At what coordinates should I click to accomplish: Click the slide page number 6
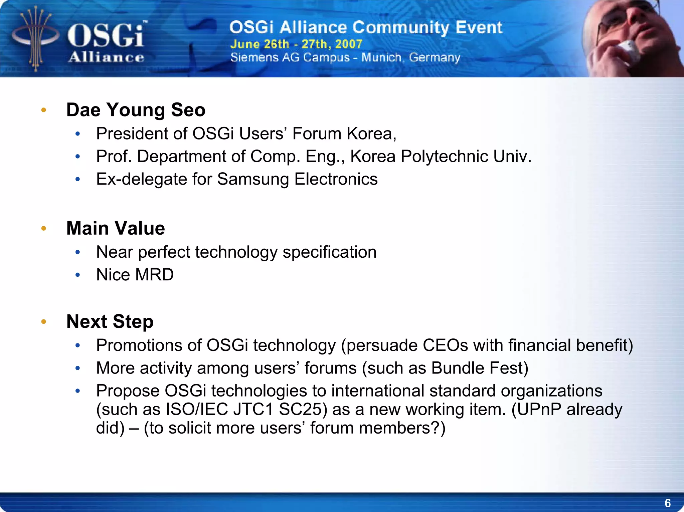667,503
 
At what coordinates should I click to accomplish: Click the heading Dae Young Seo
136,110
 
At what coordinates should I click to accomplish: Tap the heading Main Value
116,228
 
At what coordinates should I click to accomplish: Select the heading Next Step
110,321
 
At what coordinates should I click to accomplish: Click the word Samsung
253,179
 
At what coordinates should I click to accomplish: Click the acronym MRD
154,275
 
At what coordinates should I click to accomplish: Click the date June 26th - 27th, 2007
296,44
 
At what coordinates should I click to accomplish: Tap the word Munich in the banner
381,57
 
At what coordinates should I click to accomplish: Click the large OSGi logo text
106,36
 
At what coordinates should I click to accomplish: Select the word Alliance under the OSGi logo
106,57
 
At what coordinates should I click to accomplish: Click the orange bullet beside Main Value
43,229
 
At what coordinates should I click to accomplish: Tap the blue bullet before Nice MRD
78,275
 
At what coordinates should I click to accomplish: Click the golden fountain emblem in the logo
35,38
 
